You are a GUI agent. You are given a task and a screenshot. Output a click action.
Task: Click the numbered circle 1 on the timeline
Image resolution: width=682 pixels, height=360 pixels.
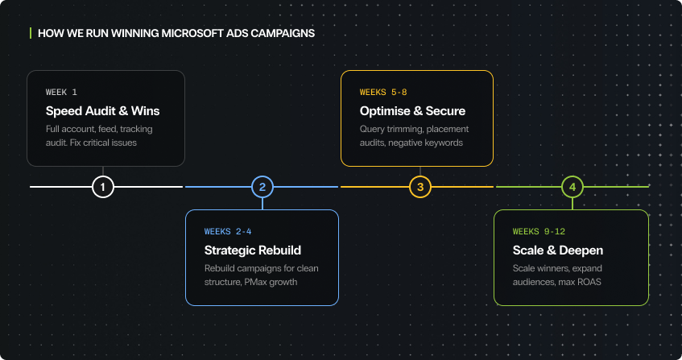pyautogui.click(x=103, y=187)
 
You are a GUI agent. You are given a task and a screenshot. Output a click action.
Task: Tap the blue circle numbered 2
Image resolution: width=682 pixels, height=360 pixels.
pyautogui.click(x=262, y=187)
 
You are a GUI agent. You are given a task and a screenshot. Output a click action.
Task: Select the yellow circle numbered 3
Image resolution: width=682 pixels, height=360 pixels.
pyautogui.click(x=420, y=187)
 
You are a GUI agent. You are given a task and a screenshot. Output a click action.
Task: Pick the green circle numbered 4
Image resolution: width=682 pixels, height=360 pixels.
pyautogui.click(x=572, y=187)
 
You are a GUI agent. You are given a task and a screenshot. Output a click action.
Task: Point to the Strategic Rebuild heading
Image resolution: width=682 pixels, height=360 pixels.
pyautogui.click(x=253, y=250)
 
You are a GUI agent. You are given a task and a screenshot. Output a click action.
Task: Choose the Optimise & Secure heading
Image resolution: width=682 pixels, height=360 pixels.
pyautogui.click(x=412, y=111)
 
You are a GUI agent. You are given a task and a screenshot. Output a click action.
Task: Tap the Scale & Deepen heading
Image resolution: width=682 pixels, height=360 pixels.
pyautogui.click(x=558, y=250)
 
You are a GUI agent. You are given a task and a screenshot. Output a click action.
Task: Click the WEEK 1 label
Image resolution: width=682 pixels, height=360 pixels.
pyautogui.click(x=62, y=92)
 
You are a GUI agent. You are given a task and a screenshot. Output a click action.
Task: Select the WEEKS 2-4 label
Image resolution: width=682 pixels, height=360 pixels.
pyautogui.click(x=228, y=231)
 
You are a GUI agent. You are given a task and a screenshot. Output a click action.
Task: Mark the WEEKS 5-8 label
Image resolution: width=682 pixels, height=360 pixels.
pyautogui.click(x=383, y=92)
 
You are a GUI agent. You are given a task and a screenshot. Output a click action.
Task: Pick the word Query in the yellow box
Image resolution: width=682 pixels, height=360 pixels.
pyautogui.click(x=373, y=129)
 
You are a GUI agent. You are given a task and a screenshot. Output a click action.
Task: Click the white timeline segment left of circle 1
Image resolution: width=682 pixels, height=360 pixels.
pyautogui.click(x=60, y=187)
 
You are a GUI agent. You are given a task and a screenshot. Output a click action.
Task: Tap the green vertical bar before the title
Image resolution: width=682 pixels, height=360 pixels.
pyautogui.click(x=30, y=34)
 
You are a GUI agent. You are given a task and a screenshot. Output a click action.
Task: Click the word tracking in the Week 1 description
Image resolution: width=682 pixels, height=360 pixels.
pyautogui.click(x=135, y=129)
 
